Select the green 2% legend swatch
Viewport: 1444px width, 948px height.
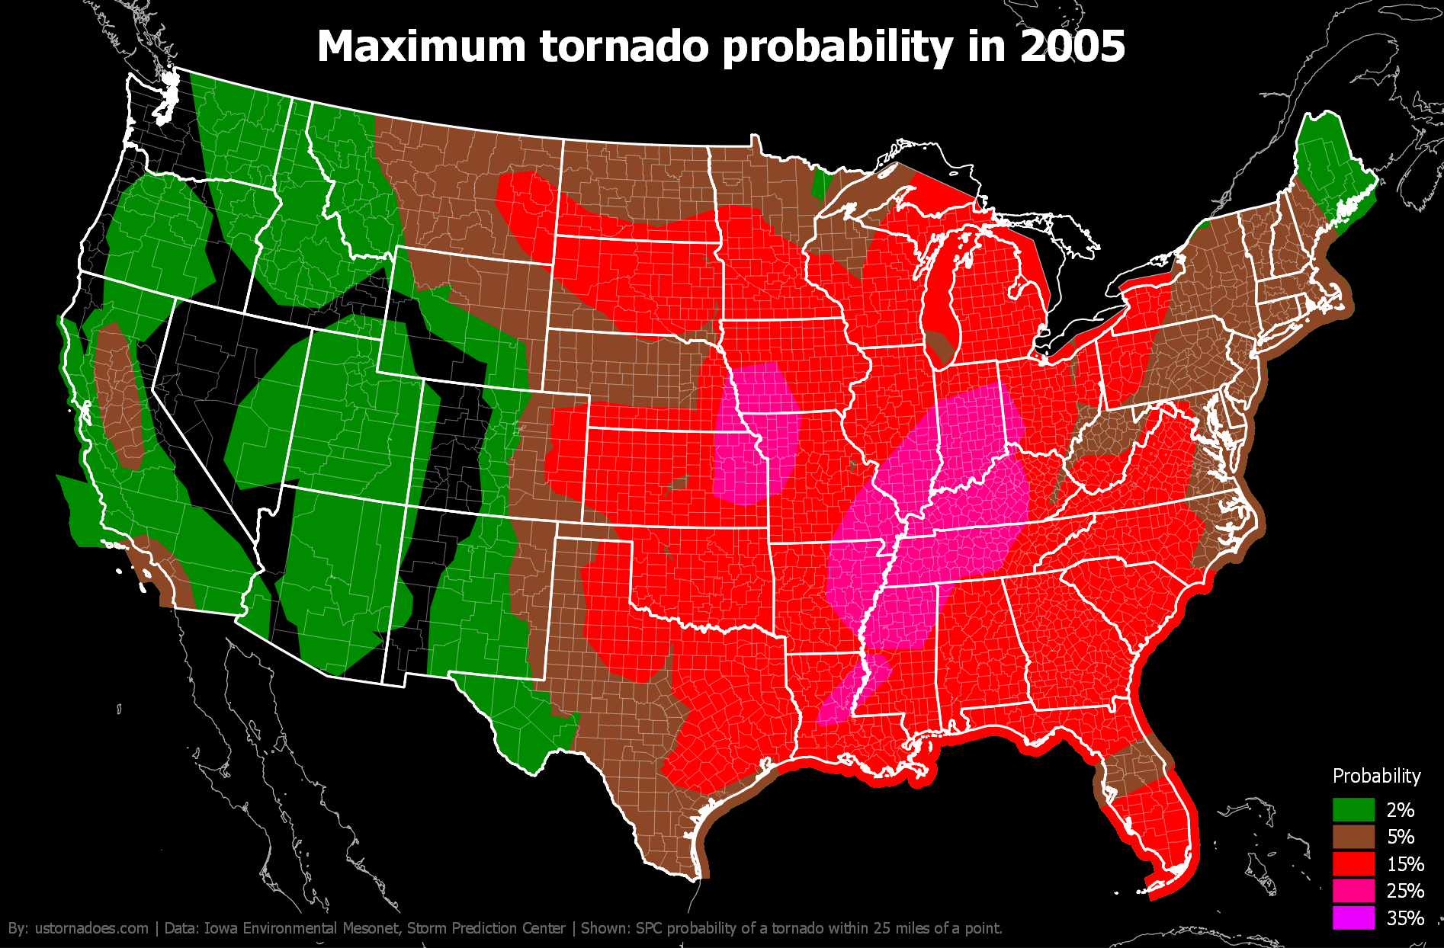point(1353,809)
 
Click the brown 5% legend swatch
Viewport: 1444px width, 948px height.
point(1353,837)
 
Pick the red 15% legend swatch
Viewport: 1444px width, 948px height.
point(1353,863)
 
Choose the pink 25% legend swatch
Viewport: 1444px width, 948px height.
point(1353,890)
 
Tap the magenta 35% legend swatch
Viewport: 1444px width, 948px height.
point(1353,918)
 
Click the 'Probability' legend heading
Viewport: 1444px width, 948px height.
point(1376,776)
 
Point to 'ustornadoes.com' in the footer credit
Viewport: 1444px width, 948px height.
point(91,928)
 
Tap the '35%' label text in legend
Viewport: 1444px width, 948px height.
point(1405,918)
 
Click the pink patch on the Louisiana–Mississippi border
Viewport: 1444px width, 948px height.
point(850,690)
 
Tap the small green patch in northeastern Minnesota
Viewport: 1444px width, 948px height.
point(821,184)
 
